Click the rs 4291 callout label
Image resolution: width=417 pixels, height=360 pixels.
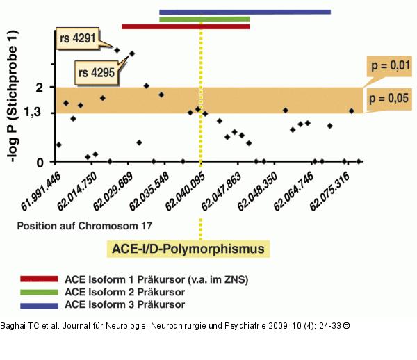(78, 38)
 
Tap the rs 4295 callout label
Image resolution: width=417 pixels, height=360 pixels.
(97, 72)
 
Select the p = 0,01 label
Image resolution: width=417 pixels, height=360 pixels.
(390, 66)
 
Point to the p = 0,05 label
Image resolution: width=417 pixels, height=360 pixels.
(389, 99)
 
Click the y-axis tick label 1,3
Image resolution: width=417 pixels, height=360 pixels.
(33, 113)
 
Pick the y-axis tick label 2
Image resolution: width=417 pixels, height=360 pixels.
(40, 87)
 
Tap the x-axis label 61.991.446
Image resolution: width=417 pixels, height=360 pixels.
(41, 192)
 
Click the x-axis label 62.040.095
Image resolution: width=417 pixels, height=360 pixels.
(185, 192)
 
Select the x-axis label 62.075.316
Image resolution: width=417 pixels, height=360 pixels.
(329, 192)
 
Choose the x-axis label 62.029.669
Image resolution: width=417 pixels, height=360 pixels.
(113, 192)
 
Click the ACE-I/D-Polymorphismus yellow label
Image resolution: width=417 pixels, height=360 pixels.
(188, 249)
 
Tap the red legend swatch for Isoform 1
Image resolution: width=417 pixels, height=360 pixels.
(39, 279)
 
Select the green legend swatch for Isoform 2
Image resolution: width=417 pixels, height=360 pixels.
(39, 292)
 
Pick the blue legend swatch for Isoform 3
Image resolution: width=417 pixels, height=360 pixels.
(39, 306)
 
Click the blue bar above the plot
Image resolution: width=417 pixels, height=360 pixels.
(245, 12)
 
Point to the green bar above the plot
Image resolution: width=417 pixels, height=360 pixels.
(204, 19)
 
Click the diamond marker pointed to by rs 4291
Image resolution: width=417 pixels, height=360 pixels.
(117, 50)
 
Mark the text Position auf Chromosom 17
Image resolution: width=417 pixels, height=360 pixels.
(85, 226)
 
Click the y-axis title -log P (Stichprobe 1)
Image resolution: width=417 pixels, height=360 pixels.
(13, 96)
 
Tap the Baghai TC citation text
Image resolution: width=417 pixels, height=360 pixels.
(175, 326)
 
